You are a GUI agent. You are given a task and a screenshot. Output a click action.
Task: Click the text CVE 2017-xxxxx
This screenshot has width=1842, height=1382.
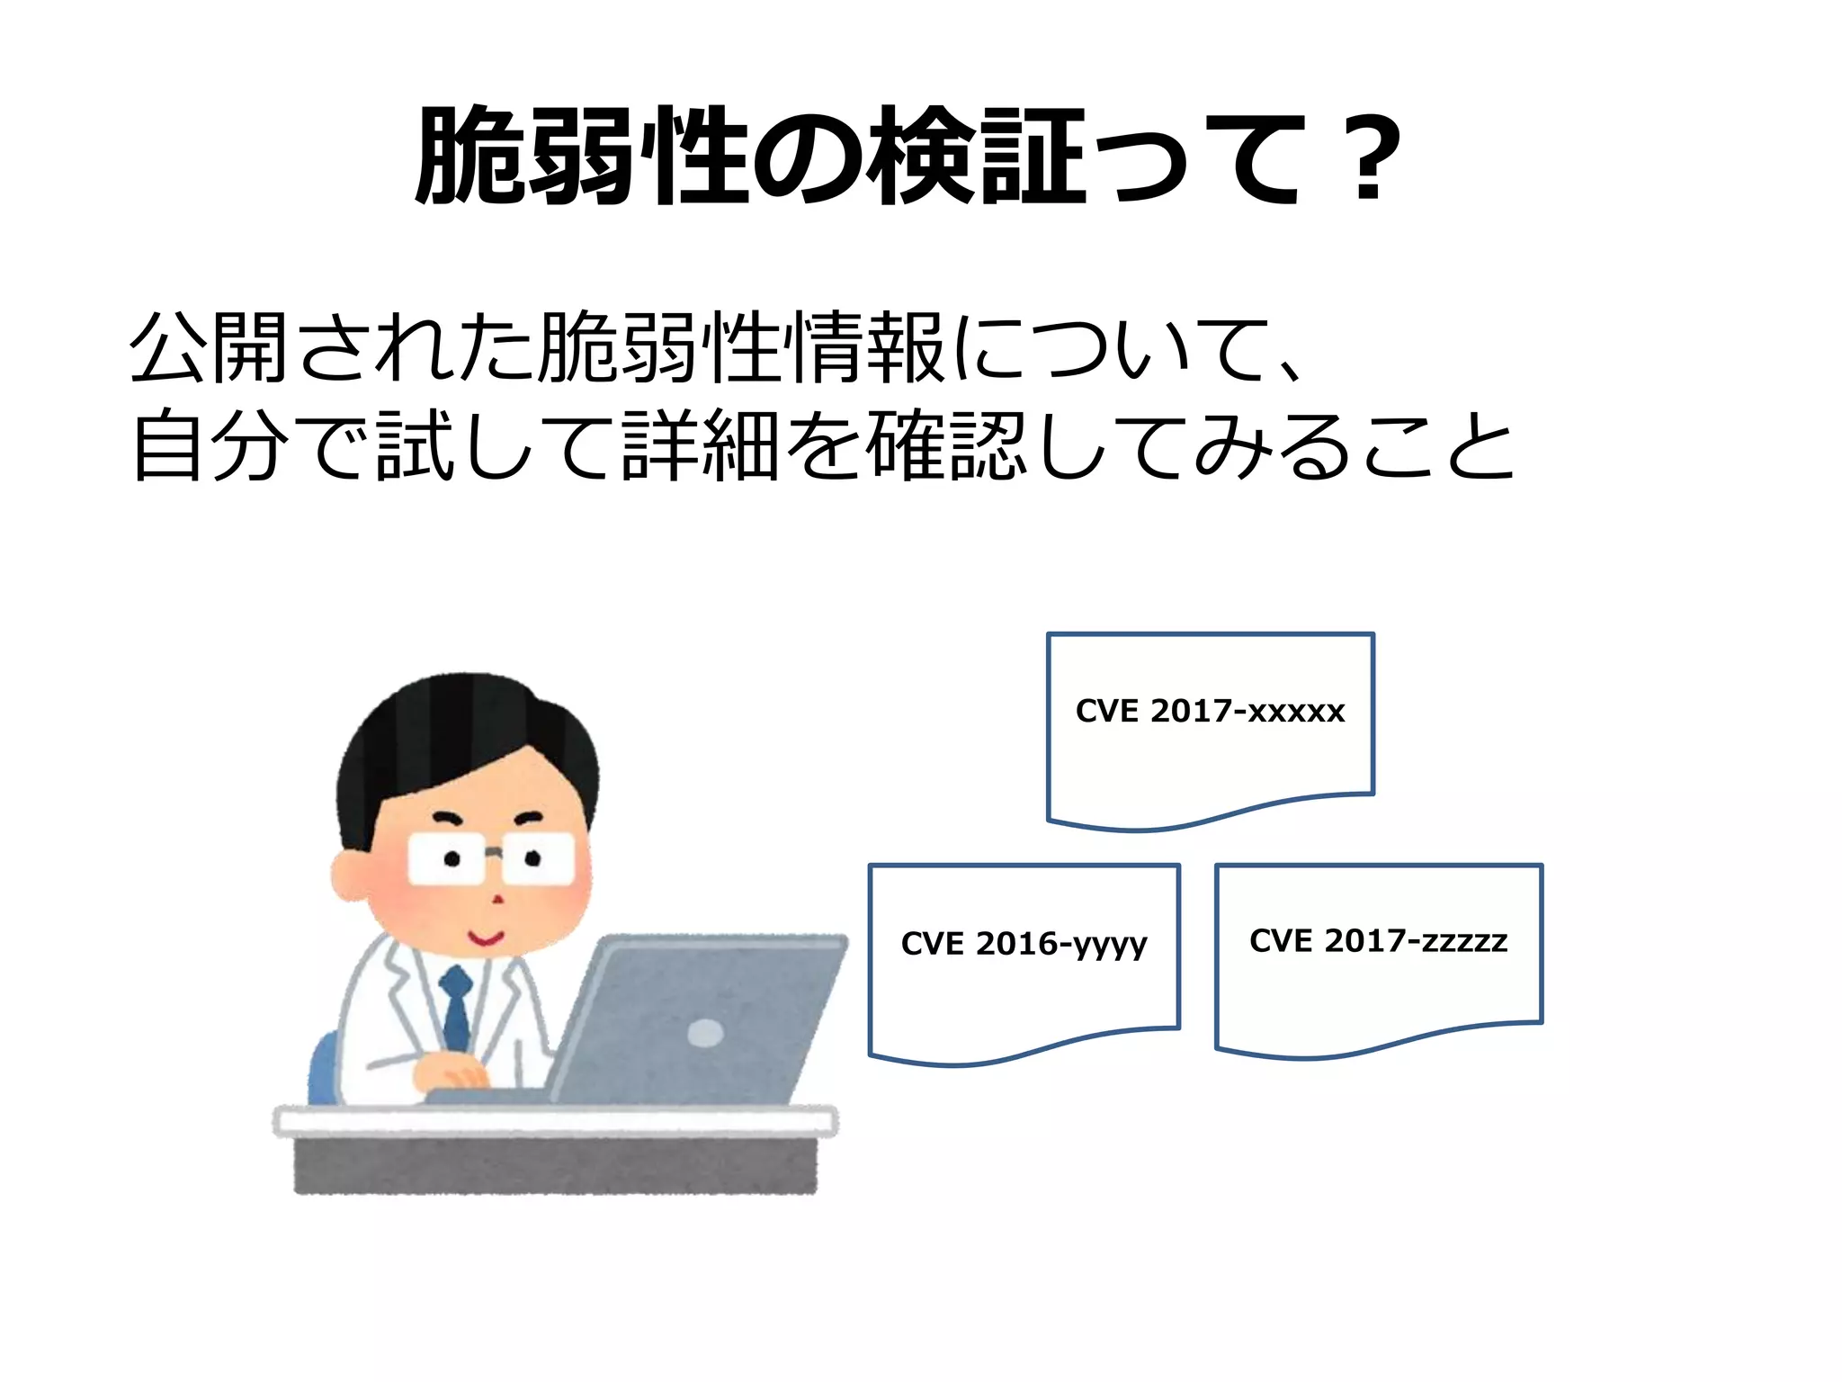[1210, 712]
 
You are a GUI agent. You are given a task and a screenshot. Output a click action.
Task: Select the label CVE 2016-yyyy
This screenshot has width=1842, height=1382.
[1024, 944]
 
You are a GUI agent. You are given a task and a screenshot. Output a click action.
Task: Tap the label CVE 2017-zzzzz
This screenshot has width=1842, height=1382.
[1378, 941]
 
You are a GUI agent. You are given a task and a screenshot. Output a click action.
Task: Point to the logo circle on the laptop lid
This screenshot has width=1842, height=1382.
[705, 1033]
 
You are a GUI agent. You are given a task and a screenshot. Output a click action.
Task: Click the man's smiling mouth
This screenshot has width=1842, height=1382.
[486, 938]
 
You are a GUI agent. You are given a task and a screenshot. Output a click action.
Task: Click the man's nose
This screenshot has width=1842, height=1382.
[496, 898]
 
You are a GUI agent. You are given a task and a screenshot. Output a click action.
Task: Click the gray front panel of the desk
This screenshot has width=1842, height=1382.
[555, 1164]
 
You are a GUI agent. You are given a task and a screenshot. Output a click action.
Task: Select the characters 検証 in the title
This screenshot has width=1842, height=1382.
[980, 157]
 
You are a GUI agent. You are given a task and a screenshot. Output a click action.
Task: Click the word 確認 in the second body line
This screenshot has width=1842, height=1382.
[944, 444]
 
